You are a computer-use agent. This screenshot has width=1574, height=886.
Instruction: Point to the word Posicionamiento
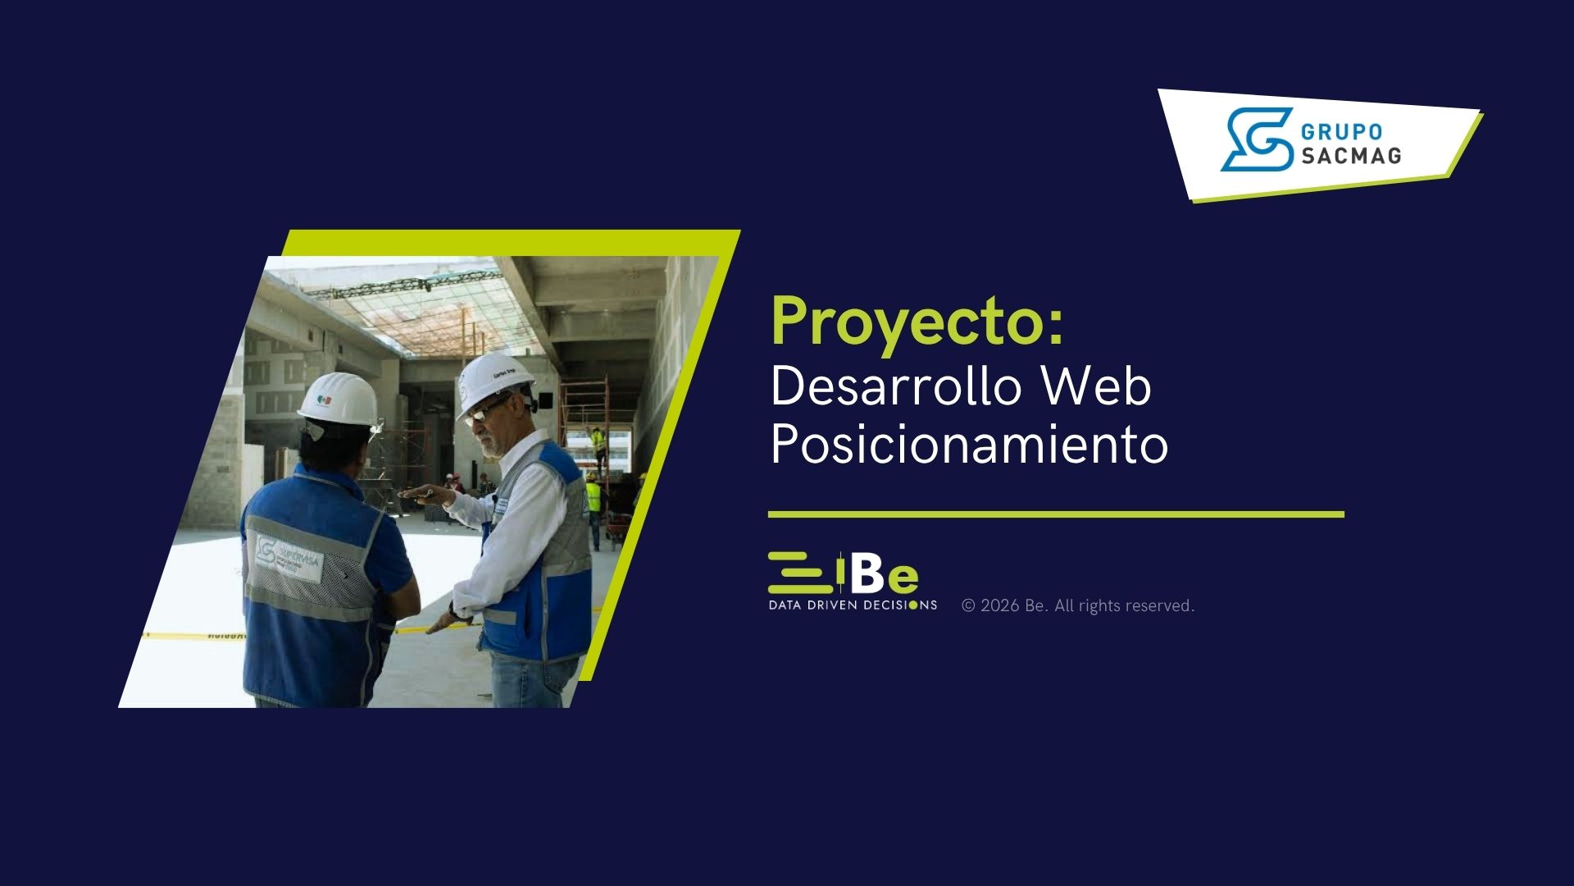coord(970,445)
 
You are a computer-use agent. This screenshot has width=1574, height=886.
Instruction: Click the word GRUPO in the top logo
coord(1342,132)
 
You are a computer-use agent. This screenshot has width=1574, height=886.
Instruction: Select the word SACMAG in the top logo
coord(1352,155)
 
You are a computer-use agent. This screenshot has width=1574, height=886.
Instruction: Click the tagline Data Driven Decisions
coord(853,605)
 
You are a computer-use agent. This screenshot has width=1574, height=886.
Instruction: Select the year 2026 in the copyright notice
coord(999,605)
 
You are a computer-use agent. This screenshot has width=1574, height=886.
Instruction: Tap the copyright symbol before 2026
coord(969,605)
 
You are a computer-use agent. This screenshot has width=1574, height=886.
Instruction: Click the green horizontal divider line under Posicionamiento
coord(1056,514)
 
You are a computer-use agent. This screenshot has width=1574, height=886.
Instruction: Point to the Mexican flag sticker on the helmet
coord(325,401)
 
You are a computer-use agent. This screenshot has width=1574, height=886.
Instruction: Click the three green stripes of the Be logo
coord(800,573)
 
